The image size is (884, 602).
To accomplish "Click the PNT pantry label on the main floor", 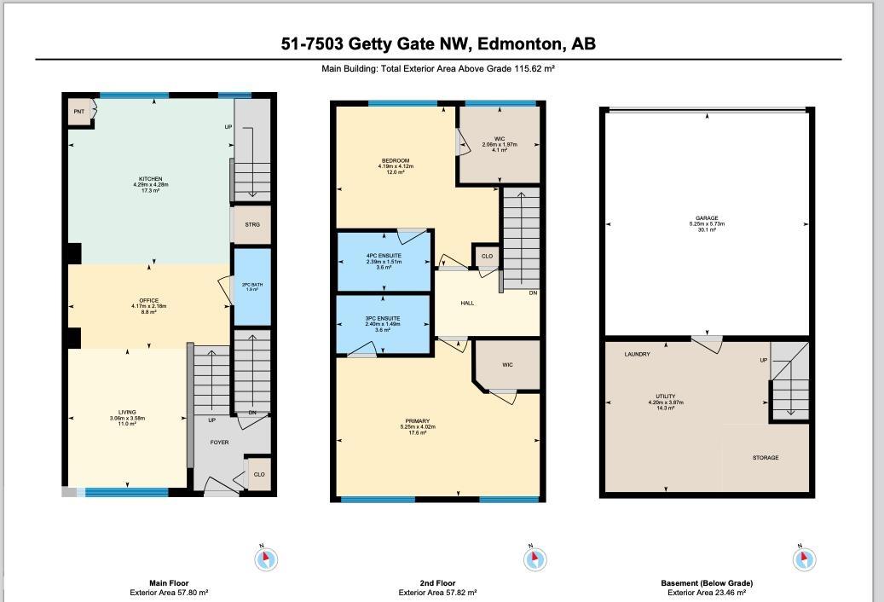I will pos(78,112).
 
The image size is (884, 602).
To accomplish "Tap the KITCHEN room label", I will pos(150,180).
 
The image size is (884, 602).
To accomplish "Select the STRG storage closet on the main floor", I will pos(251,224).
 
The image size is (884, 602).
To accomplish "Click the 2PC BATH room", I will pos(251,287).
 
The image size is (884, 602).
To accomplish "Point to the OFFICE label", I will pos(150,301).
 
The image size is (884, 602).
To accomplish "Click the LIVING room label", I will pos(127,413).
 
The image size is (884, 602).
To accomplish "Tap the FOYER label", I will pos(219,443).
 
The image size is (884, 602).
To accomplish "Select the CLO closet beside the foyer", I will pos(259,474).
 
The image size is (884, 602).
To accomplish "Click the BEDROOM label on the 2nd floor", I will pos(395,161).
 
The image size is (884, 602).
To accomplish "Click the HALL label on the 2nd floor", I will pos(467,303).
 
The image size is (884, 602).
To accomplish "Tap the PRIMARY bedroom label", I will pos(418,421).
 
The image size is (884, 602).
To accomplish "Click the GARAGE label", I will pos(707,218).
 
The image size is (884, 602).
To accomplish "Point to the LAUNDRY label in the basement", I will pos(637,354).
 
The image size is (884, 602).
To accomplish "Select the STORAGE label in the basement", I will pos(765,458).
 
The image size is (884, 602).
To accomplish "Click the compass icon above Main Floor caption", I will pos(267,559).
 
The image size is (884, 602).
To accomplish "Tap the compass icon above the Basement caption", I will pos(804,559).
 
